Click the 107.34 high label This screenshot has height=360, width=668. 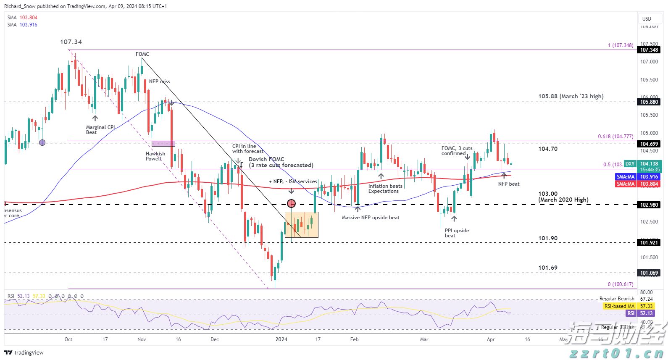click(x=71, y=42)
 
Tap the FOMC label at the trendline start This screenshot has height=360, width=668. click(x=142, y=54)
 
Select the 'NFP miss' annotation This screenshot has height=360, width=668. click(x=160, y=81)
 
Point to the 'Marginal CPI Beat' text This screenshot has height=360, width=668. click(x=100, y=130)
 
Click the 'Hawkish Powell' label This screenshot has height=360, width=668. click(x=155, y=156)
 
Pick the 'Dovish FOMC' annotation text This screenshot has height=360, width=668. click(x=281, y=162)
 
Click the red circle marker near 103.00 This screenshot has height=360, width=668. click(x=291, y=204)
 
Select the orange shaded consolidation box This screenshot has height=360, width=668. click(x=302, y=225)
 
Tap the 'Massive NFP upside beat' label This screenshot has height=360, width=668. click(x=371, y=218)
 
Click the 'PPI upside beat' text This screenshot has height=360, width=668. click(x=457, y=233)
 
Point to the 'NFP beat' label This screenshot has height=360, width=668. click(x=509, y=184)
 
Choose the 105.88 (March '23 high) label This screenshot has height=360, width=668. click(x=571, y=96)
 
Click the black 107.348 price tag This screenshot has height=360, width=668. click(x=649, y=50)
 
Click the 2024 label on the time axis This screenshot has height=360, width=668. click(x=281, y=339)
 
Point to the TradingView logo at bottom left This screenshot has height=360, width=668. click(x=24, y=352)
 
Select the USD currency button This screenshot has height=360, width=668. click(x=647, y=19)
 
